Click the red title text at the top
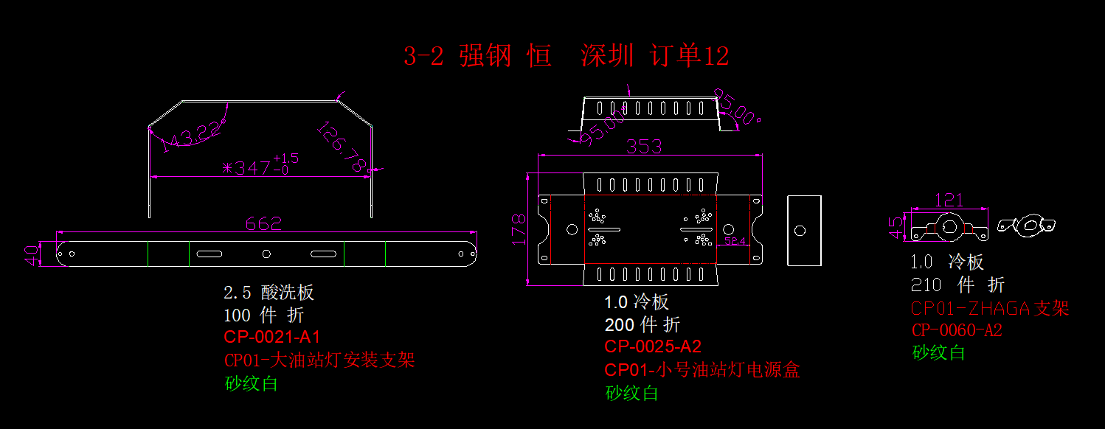(x=566, y=56)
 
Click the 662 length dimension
(x=263, y=224)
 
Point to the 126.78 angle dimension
(x=342, y=148)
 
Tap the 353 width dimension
(x=643, y=147)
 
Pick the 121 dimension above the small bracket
(x=949, y=200)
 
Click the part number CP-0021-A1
(x=272, y=338)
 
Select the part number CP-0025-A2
(x=653, y=346)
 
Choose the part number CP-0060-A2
(x=957, y=330)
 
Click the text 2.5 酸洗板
(x=269, y=292)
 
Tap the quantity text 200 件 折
(x=642, y=324)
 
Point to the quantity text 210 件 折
(x=957, y=285)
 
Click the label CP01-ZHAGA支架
(x=990, y=308)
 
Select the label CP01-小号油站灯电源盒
(x=702, y=369)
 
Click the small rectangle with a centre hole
(x=804, y=230)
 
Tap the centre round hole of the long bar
(x=267, y=254)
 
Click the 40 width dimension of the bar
(x=32, y=254)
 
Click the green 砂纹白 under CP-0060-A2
(x=938, y=352)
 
